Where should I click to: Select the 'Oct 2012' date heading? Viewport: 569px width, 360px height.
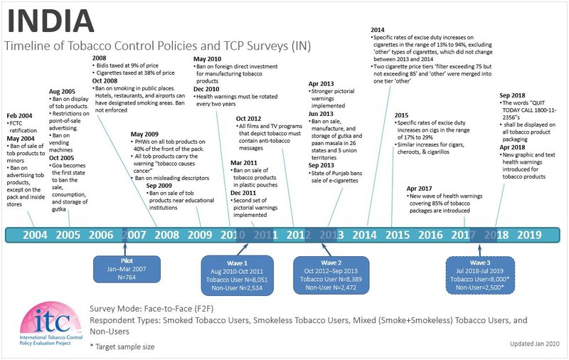[x=250, y=118]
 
